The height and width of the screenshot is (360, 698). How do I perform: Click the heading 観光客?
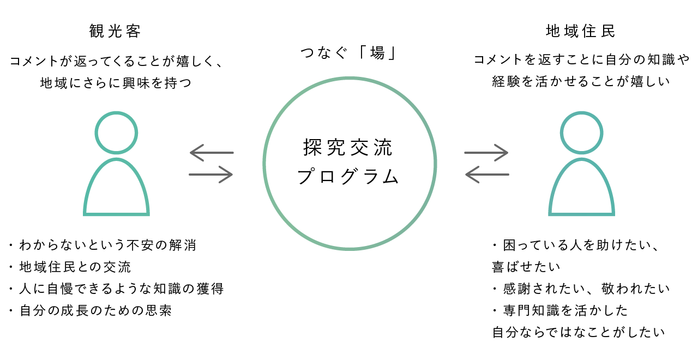pos(116,31)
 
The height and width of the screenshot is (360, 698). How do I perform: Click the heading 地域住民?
pos(581,31)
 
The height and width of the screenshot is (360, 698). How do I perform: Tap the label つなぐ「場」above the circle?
pos(350,53)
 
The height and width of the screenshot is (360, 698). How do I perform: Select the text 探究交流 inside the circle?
pos(349,148)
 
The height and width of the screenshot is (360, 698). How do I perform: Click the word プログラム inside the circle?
pos(349,177)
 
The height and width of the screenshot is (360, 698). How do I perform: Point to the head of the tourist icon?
pos(116,133)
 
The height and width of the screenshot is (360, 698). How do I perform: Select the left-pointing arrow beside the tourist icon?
pos(212,153)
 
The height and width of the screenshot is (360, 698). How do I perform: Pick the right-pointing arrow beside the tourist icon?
pos(211,175)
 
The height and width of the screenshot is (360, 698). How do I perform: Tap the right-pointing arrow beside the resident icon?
pos(486,153)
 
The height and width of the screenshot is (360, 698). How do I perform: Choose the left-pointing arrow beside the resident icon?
pos(486,175)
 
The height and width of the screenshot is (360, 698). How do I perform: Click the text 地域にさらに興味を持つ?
pos(116,83)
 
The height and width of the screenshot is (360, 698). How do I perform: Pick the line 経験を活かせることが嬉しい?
pos(581,82)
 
